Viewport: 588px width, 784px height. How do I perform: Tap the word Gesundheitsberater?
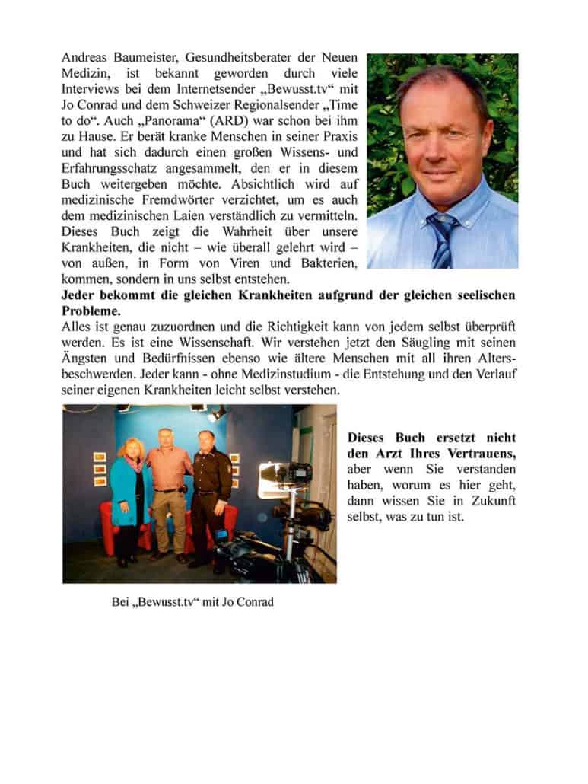(243, 59)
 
